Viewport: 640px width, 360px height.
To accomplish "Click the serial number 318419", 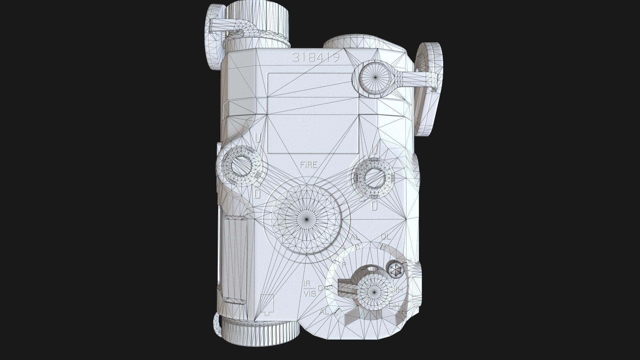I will click(x=315, y=58).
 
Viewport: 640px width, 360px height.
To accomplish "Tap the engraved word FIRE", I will click(x=308, y=165).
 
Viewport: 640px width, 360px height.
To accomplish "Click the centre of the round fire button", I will click(x=307, y=219).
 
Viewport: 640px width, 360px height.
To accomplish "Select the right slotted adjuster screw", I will click(x=374, y=177).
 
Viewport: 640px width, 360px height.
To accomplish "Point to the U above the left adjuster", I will click(x=258, y=137).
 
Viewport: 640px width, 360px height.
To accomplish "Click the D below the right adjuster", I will click(x=374, y=206).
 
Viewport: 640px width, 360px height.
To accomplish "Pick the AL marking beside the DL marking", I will click(x=356, y=238).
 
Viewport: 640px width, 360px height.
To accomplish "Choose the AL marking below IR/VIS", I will click(x=324, y=312).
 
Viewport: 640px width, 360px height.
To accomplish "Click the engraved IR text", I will click(x=306, y=284).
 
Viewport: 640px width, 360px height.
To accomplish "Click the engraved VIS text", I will click(x=309, y=293).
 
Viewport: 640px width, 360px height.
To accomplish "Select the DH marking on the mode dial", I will click(x=394, y=306).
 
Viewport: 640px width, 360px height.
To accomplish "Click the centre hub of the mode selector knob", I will click(x=374, y=291).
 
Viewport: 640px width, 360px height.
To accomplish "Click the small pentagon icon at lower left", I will click(x=266, y=304).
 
